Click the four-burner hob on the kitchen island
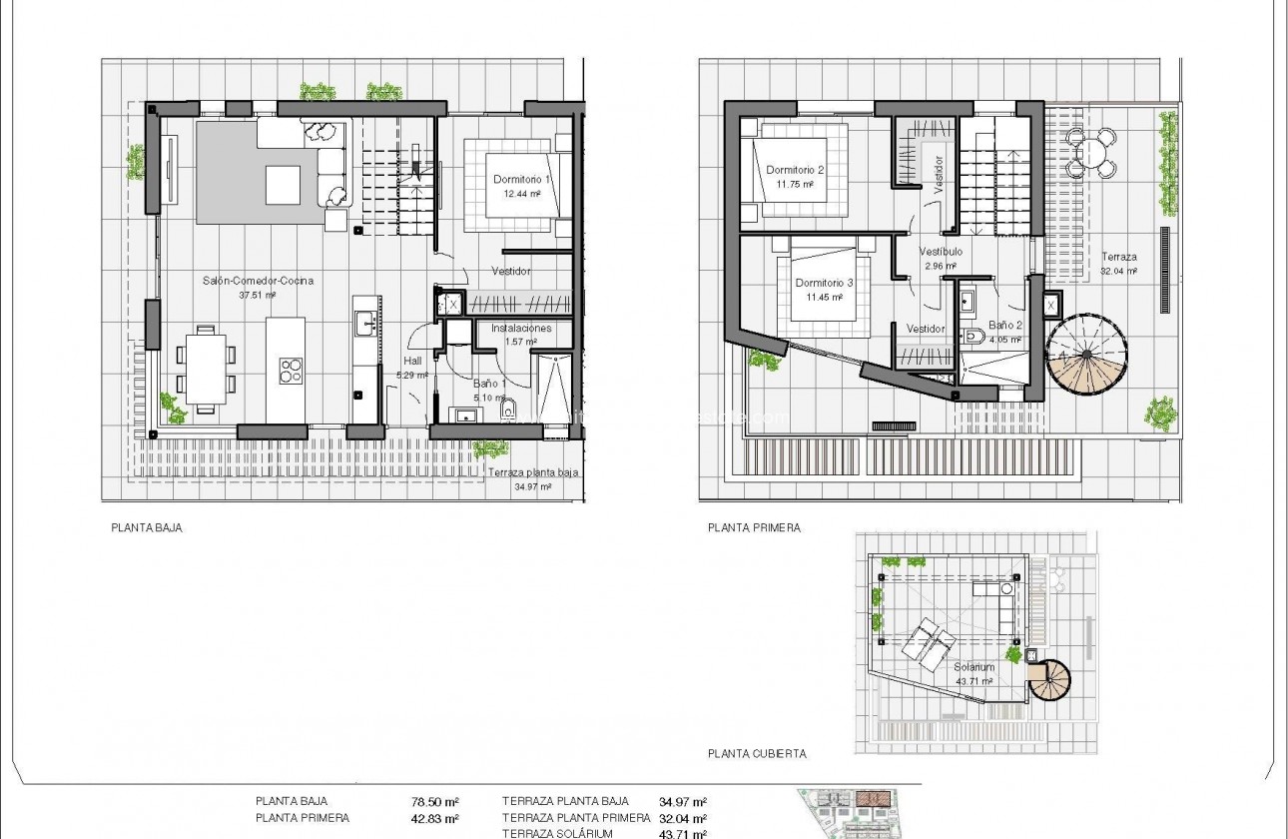(x=291, y=372)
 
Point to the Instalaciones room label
(x=520, y=328)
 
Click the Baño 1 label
(x=489, y=383)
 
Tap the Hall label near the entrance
(x=412, y=362)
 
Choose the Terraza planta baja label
(x=532, y=473)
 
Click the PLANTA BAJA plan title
(x=147, y=528)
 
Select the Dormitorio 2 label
(x=796, y=170)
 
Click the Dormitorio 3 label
(x=824, y=284)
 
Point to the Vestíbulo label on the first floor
(x=941, y=253)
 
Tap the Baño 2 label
(x=1005, y=326)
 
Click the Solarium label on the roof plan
(x=972, y=667)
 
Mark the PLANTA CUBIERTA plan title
(x=757, y=754)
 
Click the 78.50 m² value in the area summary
(x=435, y=801)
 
